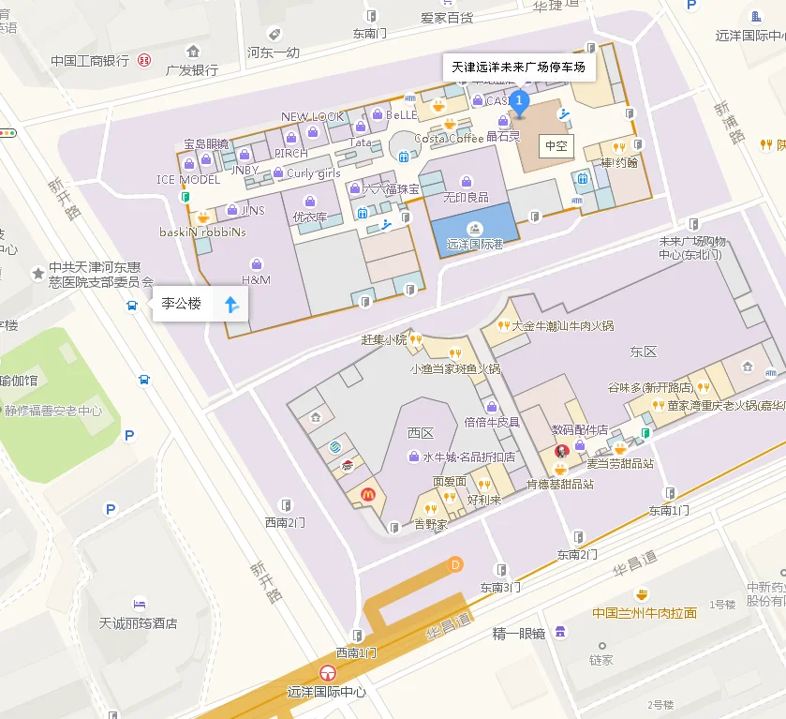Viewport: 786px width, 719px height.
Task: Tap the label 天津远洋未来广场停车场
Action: [518, 67]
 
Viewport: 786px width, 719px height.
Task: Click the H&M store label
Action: [256, 279]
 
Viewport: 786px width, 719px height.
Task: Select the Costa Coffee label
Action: [449, 138]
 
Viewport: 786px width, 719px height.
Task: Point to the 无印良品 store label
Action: [466, 197]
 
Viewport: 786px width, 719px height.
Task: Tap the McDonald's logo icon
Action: [368, 494]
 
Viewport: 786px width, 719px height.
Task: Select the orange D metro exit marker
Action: [456, 564]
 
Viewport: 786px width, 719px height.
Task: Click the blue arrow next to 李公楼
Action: [231, 303]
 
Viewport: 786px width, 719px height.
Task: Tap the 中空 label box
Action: [556, 146]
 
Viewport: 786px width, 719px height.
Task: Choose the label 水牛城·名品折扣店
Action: [468, 457]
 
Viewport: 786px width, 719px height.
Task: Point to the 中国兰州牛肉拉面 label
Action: [645, 613]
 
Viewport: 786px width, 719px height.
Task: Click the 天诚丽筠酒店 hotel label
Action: [139, 622]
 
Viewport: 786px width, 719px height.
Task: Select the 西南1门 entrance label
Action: [357, 652]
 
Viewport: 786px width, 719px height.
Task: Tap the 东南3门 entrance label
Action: [500, 588]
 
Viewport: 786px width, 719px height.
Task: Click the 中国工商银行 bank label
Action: [90, 61]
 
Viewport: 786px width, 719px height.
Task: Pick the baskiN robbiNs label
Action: [202, 232]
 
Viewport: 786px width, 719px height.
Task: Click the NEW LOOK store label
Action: [313, 116]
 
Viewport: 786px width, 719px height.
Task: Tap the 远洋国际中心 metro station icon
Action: [327, 673]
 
